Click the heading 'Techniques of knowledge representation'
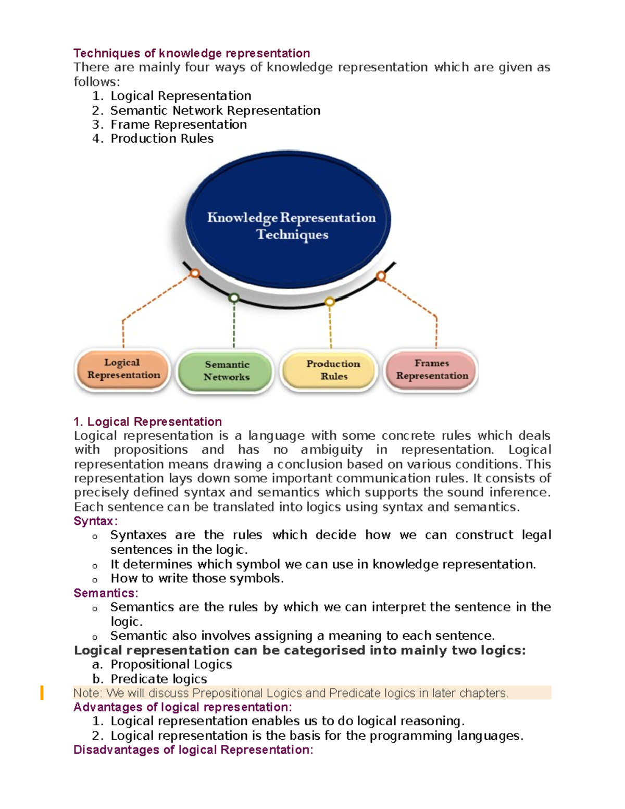click(192, 53)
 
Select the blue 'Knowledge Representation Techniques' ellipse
click(290, 219)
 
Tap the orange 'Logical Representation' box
click(123, 369)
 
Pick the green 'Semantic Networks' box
click(226, 371)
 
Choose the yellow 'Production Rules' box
click(332, 370)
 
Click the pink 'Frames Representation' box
click(432, 370)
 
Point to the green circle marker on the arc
click(234, 298)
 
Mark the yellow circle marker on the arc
click(329, 302)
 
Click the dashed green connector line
click(234, 326)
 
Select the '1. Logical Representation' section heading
click(148, 421)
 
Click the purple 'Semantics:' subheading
click(106, 593)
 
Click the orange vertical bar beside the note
click(42, 693)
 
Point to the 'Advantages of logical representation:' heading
click(183, 707)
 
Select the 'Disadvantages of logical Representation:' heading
click(194, 750)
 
